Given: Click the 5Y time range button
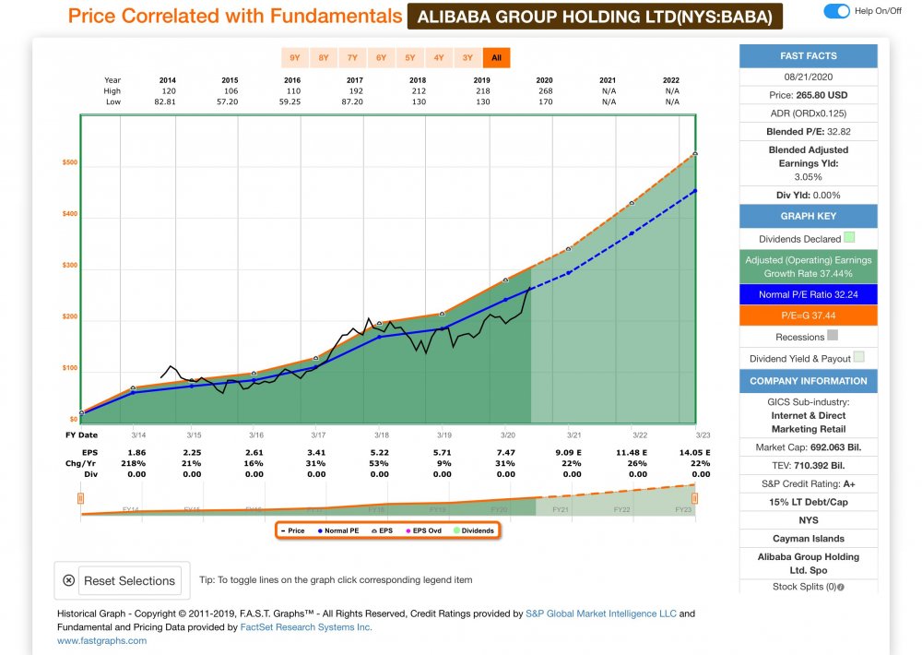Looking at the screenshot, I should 410,58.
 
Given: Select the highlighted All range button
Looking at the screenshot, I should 496,58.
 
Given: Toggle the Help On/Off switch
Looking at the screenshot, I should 836,11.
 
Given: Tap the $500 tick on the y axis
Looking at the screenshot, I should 70,163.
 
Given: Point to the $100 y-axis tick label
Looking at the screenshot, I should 70,369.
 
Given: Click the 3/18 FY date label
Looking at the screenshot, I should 380,435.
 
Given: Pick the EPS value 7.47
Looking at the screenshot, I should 506,453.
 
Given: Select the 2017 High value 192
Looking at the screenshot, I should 356,90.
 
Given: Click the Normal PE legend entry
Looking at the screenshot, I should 337,530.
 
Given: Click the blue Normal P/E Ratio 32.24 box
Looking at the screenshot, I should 808,293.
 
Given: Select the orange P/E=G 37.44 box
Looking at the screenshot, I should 808,315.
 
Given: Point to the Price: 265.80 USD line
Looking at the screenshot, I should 808,94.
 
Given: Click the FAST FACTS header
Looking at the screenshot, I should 808,55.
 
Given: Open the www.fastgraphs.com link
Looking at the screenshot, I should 101,640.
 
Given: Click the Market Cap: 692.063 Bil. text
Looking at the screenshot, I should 808,447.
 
